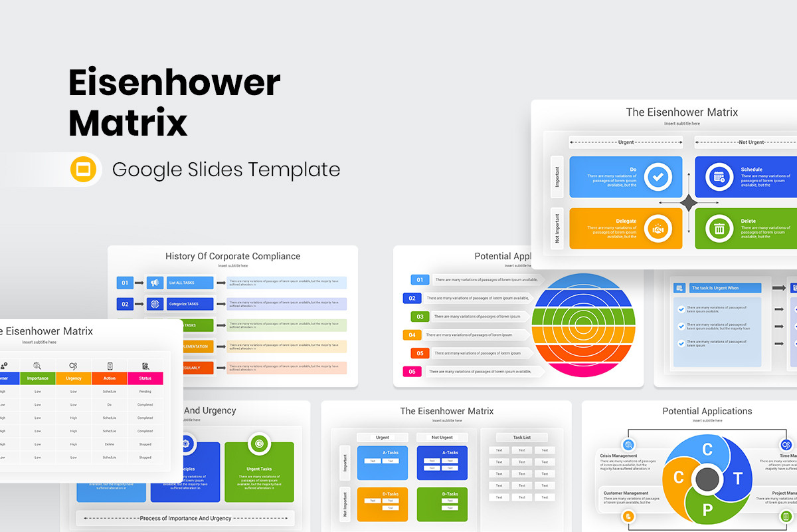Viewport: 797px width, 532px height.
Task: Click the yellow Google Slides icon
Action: click(x=84, y=170)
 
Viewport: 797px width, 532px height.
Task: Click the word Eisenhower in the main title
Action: click(x=175, y=84)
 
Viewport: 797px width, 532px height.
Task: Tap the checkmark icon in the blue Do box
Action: click(x=658, y=177)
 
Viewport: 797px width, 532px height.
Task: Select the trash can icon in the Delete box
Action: click(x=719, y=229)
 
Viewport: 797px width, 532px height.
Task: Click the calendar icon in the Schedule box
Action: click(x=719, y=177)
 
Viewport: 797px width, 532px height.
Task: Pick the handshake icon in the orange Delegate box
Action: click(x=658, y=229)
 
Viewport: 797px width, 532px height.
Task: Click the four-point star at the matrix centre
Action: click(x=689, y=203)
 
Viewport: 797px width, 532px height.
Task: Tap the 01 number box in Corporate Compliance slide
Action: click(x=125, y=283)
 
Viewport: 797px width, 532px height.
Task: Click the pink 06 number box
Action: click(x=412, y=371)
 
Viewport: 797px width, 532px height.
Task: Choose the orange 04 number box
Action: click(x=412, y=335)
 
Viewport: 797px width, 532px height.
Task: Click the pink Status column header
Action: click(x=145, y=378)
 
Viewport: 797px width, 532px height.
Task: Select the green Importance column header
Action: click(x=38, y=378)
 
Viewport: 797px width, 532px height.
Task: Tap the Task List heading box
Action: click(x=521, y=438)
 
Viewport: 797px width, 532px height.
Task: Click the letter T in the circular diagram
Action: click(x=737, y=479)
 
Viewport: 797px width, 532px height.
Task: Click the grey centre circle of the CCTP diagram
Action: click(x=707, y=478)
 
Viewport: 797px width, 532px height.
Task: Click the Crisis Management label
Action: click(x=619, y=456)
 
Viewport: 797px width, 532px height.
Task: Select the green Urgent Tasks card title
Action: click(x=259, y=469)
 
